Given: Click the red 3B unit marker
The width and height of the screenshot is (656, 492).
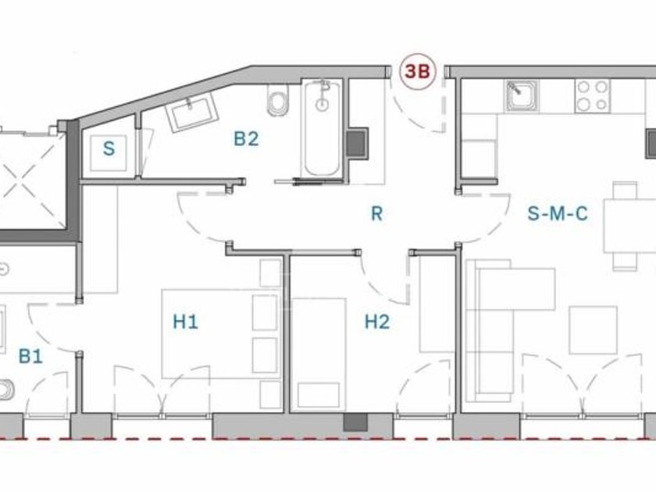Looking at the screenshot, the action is click(x=418, y=72).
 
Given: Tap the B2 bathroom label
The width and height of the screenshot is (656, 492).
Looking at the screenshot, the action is click(x=246, y=139).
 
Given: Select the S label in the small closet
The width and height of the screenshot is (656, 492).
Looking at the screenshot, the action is click(x=109, y=148).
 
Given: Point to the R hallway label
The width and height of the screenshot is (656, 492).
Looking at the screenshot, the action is click(x=376, y=213).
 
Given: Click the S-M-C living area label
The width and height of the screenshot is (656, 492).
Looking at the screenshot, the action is click(x=558, y=213).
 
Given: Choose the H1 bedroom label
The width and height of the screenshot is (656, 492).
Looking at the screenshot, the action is click(x=185, y=322).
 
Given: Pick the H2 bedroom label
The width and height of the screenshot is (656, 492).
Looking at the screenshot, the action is click(x=377, y=322).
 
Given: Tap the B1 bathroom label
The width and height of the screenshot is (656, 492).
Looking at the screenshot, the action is click(x=31, y=356).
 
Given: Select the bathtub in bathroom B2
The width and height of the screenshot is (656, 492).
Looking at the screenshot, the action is click(x=322, y=128).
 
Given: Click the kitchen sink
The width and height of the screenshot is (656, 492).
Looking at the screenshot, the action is click(x=522, y=96).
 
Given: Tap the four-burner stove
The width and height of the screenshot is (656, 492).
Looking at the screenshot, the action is click(x=592, y=96).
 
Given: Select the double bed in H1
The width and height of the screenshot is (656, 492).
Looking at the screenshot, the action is click(x=221, y=334).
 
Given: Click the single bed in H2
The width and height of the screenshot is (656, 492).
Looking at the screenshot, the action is click(x=319, y=355).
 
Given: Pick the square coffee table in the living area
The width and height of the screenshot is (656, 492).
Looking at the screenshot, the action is click(x=594, y=330).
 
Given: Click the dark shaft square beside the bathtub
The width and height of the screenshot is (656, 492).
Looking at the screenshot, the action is click(x=357, y=144).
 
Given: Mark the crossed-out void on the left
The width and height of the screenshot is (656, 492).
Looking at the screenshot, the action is click(x=30, y=180).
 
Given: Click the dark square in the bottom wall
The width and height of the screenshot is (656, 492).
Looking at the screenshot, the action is click(x=355, y=422).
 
